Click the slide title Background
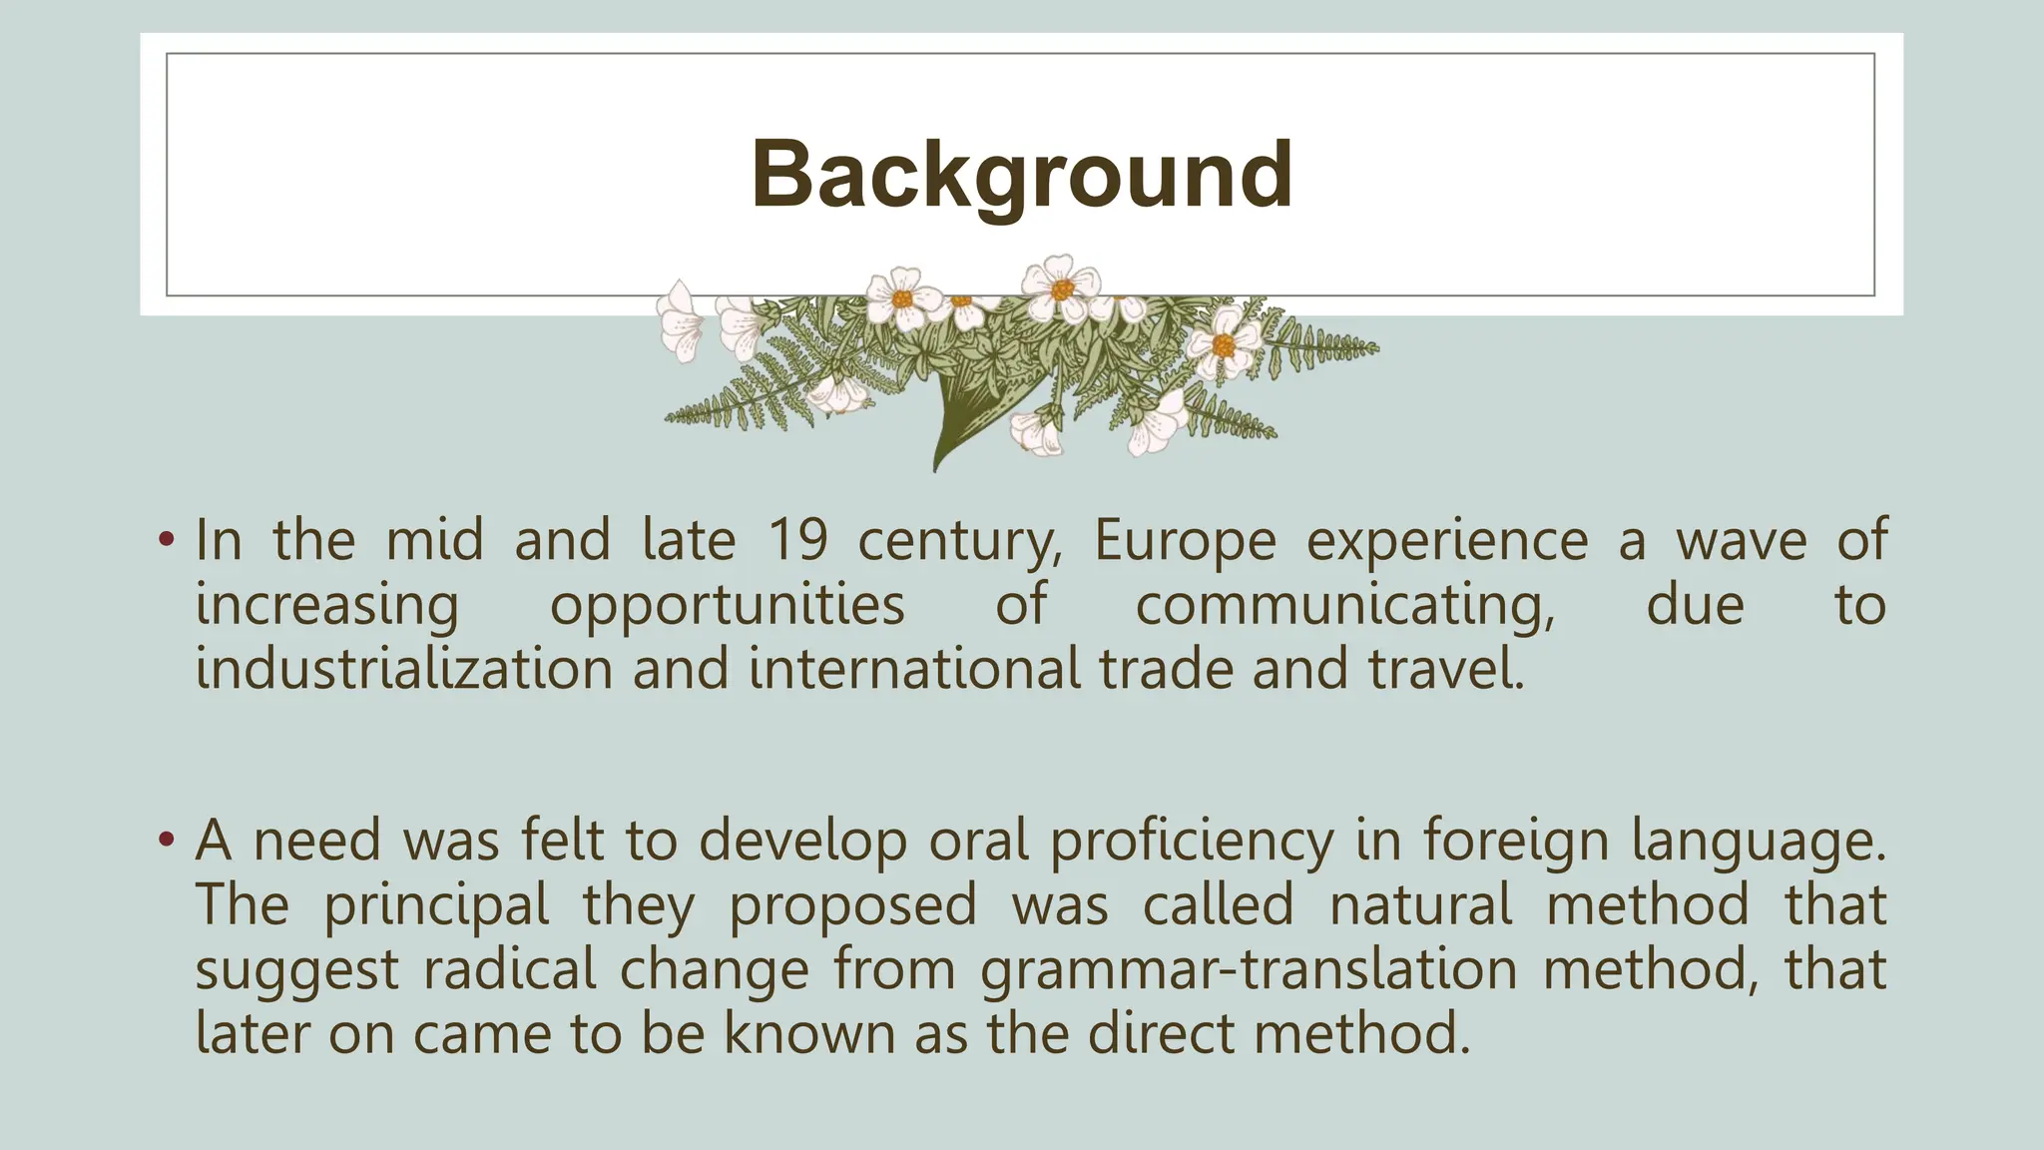[1021, 175]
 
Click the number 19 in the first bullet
[797, 540]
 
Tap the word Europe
[1185, 542]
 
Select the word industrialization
[403, 668]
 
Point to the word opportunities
[727, 606]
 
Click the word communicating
[1344, 606]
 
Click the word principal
[436, 905]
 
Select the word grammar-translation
[1248, 969]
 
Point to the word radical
[509, 969]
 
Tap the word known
[809, 1033]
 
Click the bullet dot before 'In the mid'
[166, 542]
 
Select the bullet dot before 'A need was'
[166, 841]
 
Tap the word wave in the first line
[1741, 542]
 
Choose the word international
[914, 668]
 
